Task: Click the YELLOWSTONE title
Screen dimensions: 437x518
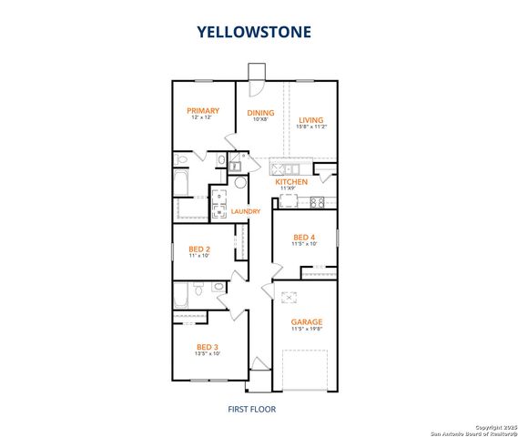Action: click(255, 32)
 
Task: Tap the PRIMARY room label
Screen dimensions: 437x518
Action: click(204, 111)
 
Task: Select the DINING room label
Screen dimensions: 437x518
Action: click(260, 113)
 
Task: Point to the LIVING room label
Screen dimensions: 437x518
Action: click(311, 120)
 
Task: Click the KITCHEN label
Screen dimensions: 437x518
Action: click(292, 182)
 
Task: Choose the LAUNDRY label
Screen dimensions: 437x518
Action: click(246, 212)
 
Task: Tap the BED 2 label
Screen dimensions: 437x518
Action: click(199, 249)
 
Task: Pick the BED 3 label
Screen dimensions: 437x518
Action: click(207, 347)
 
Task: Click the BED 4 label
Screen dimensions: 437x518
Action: click(304, 237)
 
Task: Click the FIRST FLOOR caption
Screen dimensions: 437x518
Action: click(251, 409)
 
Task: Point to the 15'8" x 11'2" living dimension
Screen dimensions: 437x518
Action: click(311, 127)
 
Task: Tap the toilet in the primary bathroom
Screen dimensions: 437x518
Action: click(182, 161)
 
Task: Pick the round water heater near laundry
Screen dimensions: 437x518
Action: click(240, 183)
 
